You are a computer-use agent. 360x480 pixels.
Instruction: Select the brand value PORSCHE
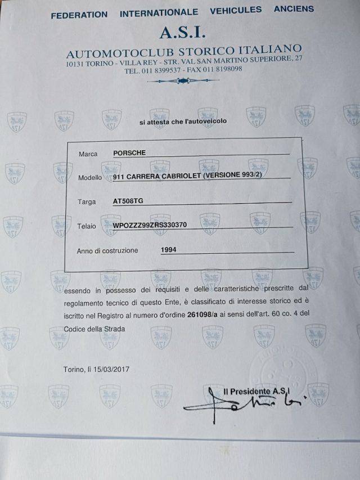pos(129,152)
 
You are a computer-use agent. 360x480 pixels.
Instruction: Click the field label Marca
pos(88,154)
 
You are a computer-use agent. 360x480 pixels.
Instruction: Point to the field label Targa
pos(88,202)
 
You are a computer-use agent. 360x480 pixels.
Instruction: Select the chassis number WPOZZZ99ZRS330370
pos(150,225)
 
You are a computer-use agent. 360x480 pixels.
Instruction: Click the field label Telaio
pos(87,226)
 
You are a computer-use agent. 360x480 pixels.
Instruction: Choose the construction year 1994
pos(169,249)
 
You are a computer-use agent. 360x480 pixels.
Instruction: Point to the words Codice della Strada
pos(94,329)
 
